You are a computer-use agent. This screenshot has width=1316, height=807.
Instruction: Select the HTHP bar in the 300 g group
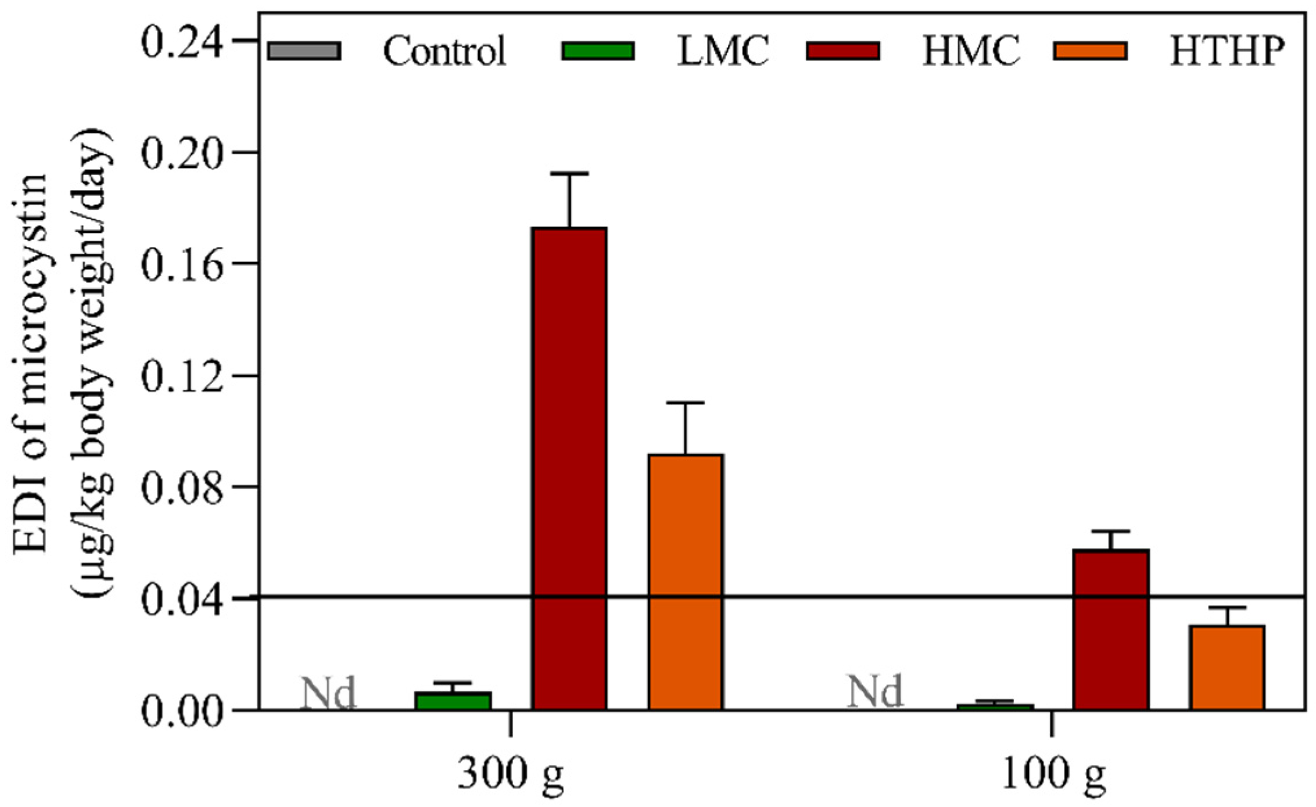(x=686, y=581)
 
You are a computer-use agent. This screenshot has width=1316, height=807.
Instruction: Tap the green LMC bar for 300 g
(x=453, y=701)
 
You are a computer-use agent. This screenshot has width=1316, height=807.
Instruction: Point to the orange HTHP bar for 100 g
(x=1227, y=668)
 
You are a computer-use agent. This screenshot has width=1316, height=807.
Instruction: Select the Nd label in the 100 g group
(x=875, y=691)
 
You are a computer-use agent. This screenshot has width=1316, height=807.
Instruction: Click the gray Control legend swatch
(x=304, y=51)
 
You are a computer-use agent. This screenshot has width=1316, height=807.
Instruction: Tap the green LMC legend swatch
(x=597, y=51)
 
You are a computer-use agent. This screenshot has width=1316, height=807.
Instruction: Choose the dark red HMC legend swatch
(x=842, y=51)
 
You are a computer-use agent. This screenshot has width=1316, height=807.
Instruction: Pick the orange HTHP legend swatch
(x=1090, y=51)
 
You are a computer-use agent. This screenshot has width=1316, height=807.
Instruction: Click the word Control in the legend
(x=444, y=51)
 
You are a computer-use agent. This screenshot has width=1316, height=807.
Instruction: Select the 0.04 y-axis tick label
(x=182, y=601)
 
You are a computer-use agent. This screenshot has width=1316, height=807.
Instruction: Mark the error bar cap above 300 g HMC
(x=570, y=174)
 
